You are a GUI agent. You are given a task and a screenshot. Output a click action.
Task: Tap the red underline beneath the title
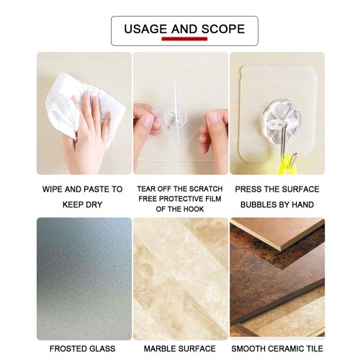(184, 39)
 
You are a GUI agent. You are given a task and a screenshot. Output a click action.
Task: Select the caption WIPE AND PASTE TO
(82, 189)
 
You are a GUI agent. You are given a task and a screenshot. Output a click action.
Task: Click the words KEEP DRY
(82, 204)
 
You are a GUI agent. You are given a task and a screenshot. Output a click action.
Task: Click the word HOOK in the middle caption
(194, 209)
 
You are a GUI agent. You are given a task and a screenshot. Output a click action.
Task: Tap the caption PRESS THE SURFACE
(277, 189)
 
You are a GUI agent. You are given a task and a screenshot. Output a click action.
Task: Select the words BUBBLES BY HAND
(277, 204)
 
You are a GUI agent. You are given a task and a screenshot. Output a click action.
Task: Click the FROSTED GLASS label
(82, 348)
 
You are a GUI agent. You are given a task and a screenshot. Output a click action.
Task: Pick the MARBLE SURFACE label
(179, 348)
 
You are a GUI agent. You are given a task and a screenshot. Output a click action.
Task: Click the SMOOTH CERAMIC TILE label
(277, 348)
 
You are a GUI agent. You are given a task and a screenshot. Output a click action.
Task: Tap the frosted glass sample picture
(84, 279)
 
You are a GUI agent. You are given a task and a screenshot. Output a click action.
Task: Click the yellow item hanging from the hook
(287, 166)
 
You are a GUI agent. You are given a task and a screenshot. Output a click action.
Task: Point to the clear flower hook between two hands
(176, 117)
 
